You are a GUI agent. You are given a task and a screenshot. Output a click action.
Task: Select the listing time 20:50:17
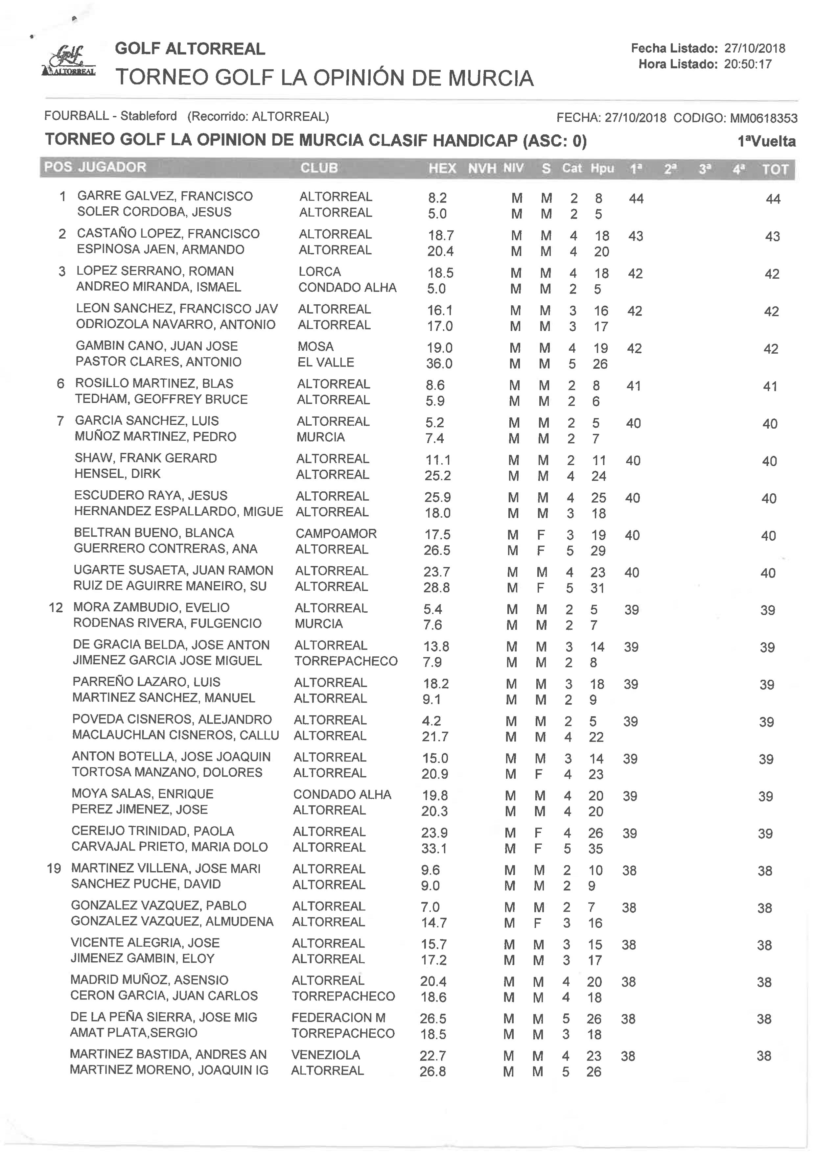[747, 64]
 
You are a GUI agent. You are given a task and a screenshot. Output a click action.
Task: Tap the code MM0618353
[763, 118]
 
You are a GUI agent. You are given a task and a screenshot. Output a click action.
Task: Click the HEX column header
[442, 168]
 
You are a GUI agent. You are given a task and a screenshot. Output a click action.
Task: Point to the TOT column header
[775, 170]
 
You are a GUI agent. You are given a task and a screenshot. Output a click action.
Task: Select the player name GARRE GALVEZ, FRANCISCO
[165, 196]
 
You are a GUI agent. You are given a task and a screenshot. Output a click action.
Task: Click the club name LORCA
[320, 271]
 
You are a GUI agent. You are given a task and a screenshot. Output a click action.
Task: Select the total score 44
[773, 199]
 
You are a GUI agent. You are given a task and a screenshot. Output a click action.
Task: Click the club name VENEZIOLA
[325, 1055]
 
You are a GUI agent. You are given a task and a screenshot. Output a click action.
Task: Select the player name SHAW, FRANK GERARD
[146, 458]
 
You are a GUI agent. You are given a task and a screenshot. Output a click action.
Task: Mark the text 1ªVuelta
[766, 142]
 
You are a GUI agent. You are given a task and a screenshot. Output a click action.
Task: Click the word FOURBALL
[76, 116]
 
